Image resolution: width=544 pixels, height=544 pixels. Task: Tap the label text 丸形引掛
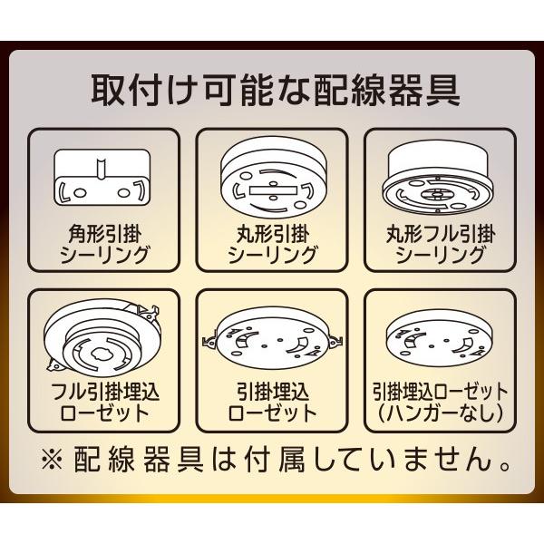(x=272, y=233)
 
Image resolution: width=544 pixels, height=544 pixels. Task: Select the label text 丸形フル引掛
(x=442, y=233)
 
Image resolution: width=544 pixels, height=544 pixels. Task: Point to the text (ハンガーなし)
(x=442, y=414)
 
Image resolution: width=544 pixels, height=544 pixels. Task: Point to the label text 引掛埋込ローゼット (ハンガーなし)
(x=442, y=403)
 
